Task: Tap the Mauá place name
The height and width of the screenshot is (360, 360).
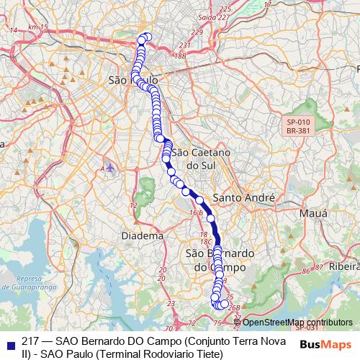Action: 312,214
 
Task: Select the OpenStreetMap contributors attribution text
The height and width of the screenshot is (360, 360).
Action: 297,323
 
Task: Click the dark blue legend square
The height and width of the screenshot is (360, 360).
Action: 11,343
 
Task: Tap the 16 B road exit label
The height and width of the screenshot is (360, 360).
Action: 195,212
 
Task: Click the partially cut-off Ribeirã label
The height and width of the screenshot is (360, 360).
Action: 346,266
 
